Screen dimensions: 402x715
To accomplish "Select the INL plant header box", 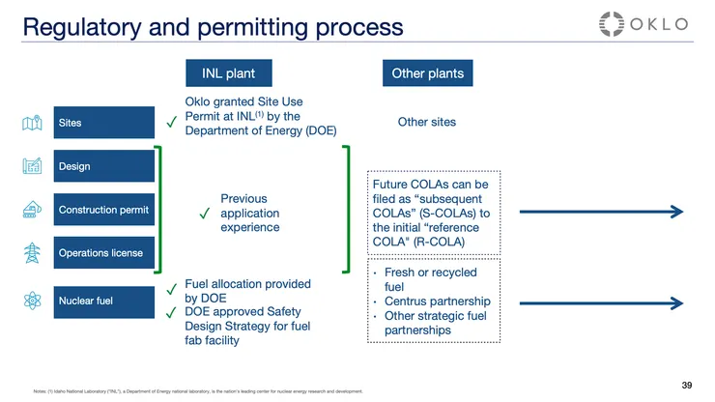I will [x=228, y=73].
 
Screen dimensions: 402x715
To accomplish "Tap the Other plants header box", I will [x=427, y=73].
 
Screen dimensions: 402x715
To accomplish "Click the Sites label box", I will [x=104, y=123].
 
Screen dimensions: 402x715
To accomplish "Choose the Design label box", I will [x=104, y=166].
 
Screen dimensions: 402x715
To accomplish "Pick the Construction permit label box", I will [x=104, y=210].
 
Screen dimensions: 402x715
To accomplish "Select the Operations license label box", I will [x=104, y=253].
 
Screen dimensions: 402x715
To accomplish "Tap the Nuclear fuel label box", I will [x=104, y=301].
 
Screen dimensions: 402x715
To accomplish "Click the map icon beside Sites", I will [x=31, y=123].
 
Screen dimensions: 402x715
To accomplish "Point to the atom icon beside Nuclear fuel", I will [x=31, y=301].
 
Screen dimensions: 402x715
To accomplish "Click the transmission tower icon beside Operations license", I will [x=31, y=253].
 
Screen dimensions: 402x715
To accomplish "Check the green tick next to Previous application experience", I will [x=205, y=214].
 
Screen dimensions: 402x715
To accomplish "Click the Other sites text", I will [x=426, y=122].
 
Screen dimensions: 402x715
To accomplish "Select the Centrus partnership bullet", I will [x=437, y=301].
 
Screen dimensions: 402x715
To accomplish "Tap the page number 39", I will [x=686, y=386].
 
